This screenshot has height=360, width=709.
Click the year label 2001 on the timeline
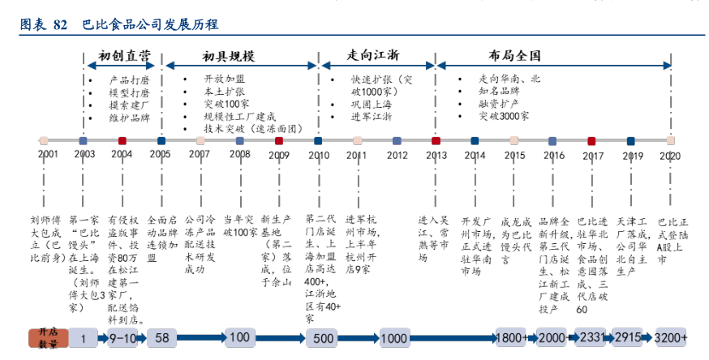coord(48,154)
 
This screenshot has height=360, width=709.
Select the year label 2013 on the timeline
coord(436,154)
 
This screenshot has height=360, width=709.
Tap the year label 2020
coord(670,154)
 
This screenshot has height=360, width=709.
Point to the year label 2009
coord(278,154)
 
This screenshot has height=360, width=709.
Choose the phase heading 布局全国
coord(514,56)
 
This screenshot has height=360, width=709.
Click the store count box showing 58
coord(161,337)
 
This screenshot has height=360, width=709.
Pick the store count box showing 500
coord(324,337)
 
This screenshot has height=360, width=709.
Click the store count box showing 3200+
coord(671,337)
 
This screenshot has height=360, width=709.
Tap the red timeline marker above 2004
coord(122,140)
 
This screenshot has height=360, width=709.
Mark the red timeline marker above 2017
coord(591,140)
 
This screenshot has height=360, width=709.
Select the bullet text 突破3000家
coord(504,116)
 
